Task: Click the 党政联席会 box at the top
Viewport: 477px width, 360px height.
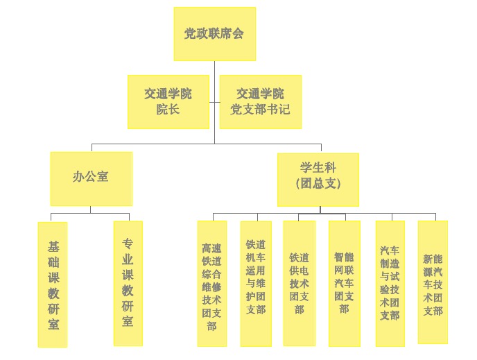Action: pyautogui.click(x=214, y=34)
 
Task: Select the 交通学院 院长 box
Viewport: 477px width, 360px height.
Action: pyautogui.click(x=168, y=101)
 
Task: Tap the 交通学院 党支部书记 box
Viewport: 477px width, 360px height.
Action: pyautogui.click(x=260, y=101)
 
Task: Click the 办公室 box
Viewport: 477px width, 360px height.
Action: pyautogui.click(x=91, y=178)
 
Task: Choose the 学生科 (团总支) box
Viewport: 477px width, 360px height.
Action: pyautogui.click(x=318, y=179)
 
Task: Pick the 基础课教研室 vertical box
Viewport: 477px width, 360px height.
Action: pyautogui.click(x=53, y=284)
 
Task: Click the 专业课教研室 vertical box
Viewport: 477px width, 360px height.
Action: pyautogui.click(x=128, y=283)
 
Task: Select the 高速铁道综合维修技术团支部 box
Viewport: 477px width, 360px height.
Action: pyautogui.click(x=211, y=283)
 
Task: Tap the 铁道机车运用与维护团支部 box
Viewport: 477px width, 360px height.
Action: pyautogui.click(x=255, y=283)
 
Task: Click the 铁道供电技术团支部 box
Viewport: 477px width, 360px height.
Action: pyautogui.click(x=299, y=283)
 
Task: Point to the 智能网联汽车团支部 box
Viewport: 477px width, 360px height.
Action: pyautogui.click(x=344, y=283)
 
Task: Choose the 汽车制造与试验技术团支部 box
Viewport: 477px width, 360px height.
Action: pyautogui.click(x=390, y=283)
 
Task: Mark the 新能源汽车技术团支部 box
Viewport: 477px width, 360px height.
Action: pyautogui.click(x=433, y=282)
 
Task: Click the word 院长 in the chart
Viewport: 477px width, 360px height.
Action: pyautogui.click(x=168, y=110)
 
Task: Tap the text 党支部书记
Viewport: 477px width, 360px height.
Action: pyautogui.click(x=260, y=110)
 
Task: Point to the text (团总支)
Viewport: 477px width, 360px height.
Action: pyautogui.click(x=318, y=184)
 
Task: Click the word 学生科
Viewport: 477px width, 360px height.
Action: pyautogui.click(x=318, y=169)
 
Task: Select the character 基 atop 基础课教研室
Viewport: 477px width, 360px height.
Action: pyautogui.click(x=53, y=246)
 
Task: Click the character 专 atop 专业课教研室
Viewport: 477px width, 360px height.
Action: pyautogui.click(x=128, y=243)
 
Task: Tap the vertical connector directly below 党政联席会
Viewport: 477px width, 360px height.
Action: pyautogui.click(x=214, y=68)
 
